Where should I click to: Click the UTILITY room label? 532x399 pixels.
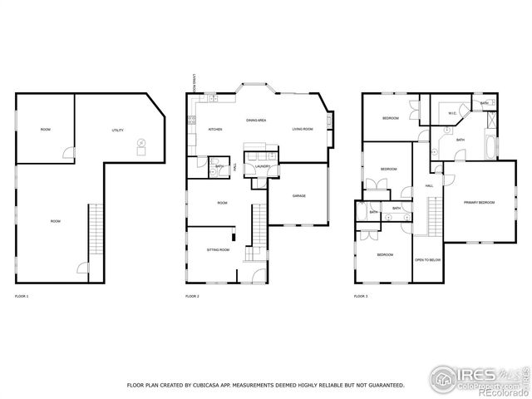point(118,131)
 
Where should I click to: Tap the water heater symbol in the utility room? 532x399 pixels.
point(141,143)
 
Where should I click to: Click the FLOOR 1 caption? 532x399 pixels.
point(22,296)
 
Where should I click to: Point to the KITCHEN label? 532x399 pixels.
point(214,130)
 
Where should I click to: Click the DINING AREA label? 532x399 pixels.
point(255,121)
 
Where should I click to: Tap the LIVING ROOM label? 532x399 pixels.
point(302,130)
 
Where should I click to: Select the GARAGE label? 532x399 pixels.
point(299,195)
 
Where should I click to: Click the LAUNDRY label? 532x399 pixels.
point(264,166)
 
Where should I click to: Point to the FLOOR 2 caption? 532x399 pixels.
point(192,296)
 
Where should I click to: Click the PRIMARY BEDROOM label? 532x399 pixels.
point(479,202)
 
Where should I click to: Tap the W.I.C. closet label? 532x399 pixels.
point(453,114)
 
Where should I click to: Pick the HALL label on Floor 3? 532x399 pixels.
point(429,185)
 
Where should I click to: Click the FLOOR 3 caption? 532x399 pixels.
point(360,296)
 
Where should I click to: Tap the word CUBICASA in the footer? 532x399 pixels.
point(214,385)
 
